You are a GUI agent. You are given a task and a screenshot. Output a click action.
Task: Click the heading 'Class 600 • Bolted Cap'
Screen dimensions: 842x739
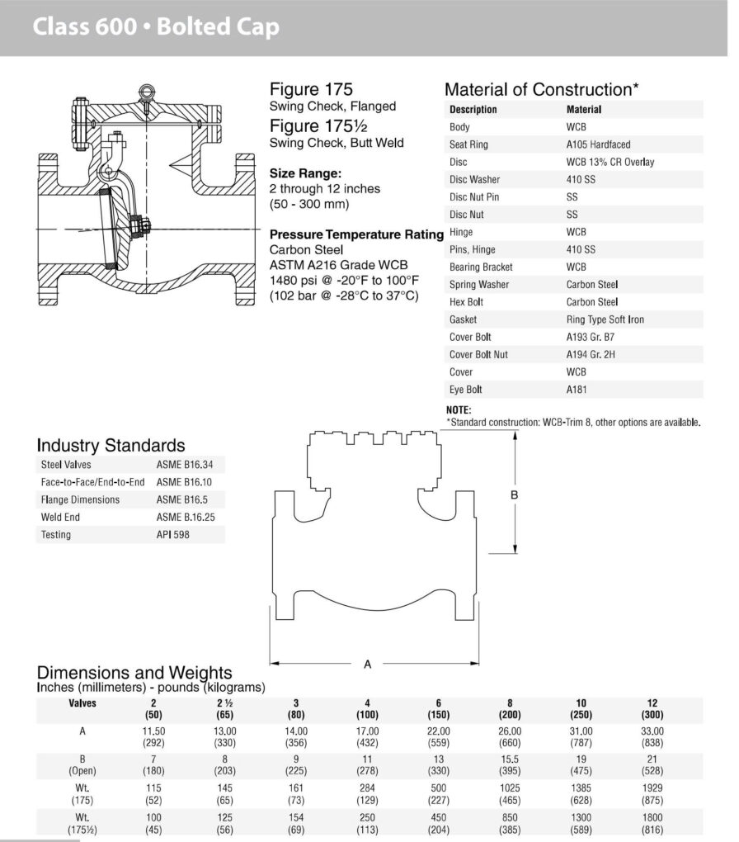tap(156, 28)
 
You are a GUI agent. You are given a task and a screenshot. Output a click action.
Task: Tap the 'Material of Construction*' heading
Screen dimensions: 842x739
tap(542, 90)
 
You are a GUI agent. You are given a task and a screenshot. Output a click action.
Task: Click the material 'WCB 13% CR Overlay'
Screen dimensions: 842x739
tap(610, 162)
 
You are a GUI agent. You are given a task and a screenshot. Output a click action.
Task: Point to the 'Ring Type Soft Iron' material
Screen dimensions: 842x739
tap(605, 319)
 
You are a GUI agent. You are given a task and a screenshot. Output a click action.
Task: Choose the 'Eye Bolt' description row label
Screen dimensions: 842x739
tap(466, 390)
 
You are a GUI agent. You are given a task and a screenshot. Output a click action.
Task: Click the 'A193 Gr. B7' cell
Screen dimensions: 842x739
tap(591, 337)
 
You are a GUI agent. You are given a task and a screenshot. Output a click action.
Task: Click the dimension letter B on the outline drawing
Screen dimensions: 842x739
tap(514, 494)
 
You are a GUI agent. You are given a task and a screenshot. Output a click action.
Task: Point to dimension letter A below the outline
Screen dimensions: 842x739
tap(368, 664)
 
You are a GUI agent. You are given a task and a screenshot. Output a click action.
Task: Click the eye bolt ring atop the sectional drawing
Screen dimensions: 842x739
tap(147, 92)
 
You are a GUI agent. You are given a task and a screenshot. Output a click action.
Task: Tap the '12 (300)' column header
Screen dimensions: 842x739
tap(652, 709)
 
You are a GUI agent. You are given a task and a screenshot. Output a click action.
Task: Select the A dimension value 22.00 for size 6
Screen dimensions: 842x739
tap(439, 731)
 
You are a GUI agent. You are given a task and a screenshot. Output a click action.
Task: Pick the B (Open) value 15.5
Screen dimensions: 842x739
tap(510, 759)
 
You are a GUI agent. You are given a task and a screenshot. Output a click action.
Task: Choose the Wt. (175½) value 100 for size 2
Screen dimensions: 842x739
tap(153, 818)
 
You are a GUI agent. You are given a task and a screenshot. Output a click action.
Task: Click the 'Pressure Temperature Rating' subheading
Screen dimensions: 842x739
tap(356, 234)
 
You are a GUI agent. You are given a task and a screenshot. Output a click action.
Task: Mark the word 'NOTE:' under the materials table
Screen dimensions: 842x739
tap(459, 410)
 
